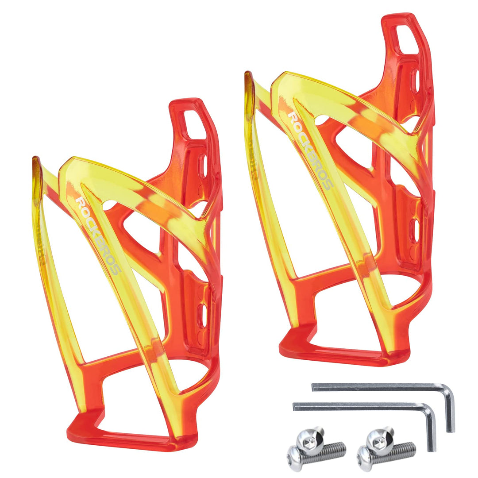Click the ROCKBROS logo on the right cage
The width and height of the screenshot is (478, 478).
310,151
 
